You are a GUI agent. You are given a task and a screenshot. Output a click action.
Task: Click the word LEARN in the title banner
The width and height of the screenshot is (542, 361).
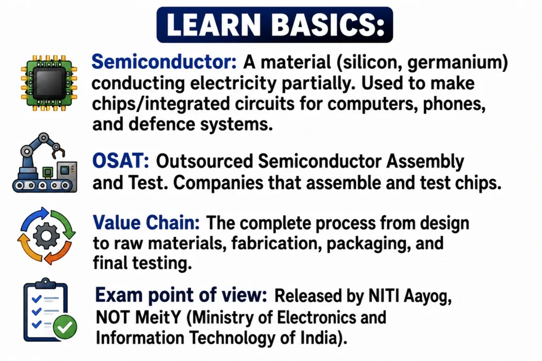click(x=213, y=25)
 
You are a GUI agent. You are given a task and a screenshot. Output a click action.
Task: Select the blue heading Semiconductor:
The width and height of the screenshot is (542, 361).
click(x=164, y=62)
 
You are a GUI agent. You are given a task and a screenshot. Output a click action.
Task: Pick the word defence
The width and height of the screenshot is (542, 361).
click(x=161, y=124)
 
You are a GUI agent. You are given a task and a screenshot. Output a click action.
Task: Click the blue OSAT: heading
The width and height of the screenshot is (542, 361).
click(x=121, y=161)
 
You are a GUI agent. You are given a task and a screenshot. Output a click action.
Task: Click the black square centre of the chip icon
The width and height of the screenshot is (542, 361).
click(x=49, y=83)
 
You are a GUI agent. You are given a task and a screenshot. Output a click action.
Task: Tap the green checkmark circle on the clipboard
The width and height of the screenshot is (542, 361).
click(x=65, y=327)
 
